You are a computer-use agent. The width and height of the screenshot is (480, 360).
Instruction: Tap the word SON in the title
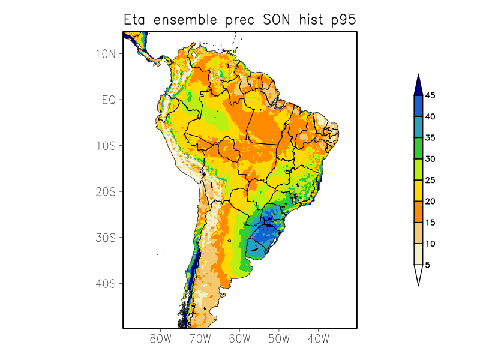click(x=275, y=20)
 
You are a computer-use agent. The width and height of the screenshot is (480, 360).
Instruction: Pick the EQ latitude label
click(x=109, y=100)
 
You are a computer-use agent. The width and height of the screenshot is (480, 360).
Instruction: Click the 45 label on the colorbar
click(x=430, y=95)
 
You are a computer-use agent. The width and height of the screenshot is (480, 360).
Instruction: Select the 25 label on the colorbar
click(x=430, y=180)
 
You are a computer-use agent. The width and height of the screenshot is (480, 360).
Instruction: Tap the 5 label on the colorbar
click(x=428, y=265)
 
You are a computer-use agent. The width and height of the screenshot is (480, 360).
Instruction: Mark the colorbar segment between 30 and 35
click(x=418, y=148)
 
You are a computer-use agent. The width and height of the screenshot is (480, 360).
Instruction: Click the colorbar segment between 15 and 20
click(x=418, y=212)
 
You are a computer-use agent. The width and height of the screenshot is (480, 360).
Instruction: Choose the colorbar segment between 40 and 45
click(x=418, y=106)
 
